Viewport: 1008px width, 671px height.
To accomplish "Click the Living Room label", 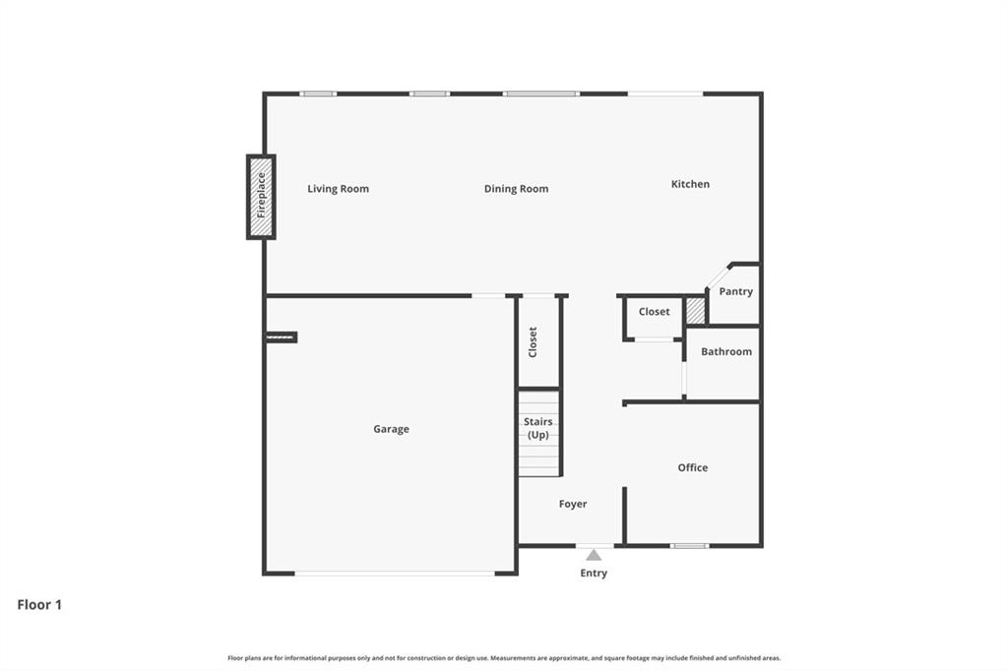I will coord(338,189).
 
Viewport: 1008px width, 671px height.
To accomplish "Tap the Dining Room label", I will coord(516,189).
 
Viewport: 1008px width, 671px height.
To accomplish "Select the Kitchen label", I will coord(690,184).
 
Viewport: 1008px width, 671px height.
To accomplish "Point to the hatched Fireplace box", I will coord(261,197).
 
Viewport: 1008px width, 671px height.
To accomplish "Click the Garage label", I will coord(391,429).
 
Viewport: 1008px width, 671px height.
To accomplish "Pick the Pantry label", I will coord(735,291).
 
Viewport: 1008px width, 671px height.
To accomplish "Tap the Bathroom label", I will coord(725,351).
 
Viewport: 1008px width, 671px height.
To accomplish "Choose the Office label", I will coord(692,467).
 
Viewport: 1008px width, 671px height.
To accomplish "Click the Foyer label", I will coord(572,504).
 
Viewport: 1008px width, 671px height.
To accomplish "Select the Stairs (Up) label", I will coord(538,428).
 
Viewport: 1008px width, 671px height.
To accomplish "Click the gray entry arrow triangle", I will coord(594,555).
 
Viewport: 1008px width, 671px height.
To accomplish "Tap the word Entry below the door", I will coord(594,573).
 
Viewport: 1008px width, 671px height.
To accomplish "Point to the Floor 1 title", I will coord(39,605).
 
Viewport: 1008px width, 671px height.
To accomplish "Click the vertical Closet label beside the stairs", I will coord(533,341).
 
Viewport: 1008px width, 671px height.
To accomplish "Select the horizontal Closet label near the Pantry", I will coord(654,312).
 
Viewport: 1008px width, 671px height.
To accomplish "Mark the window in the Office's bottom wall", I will coord(689,545).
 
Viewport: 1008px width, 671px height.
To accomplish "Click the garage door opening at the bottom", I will coord(395,573).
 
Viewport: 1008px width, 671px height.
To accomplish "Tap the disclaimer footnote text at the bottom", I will coord(504,658).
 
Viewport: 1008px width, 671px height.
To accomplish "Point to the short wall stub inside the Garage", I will coord(281,337).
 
